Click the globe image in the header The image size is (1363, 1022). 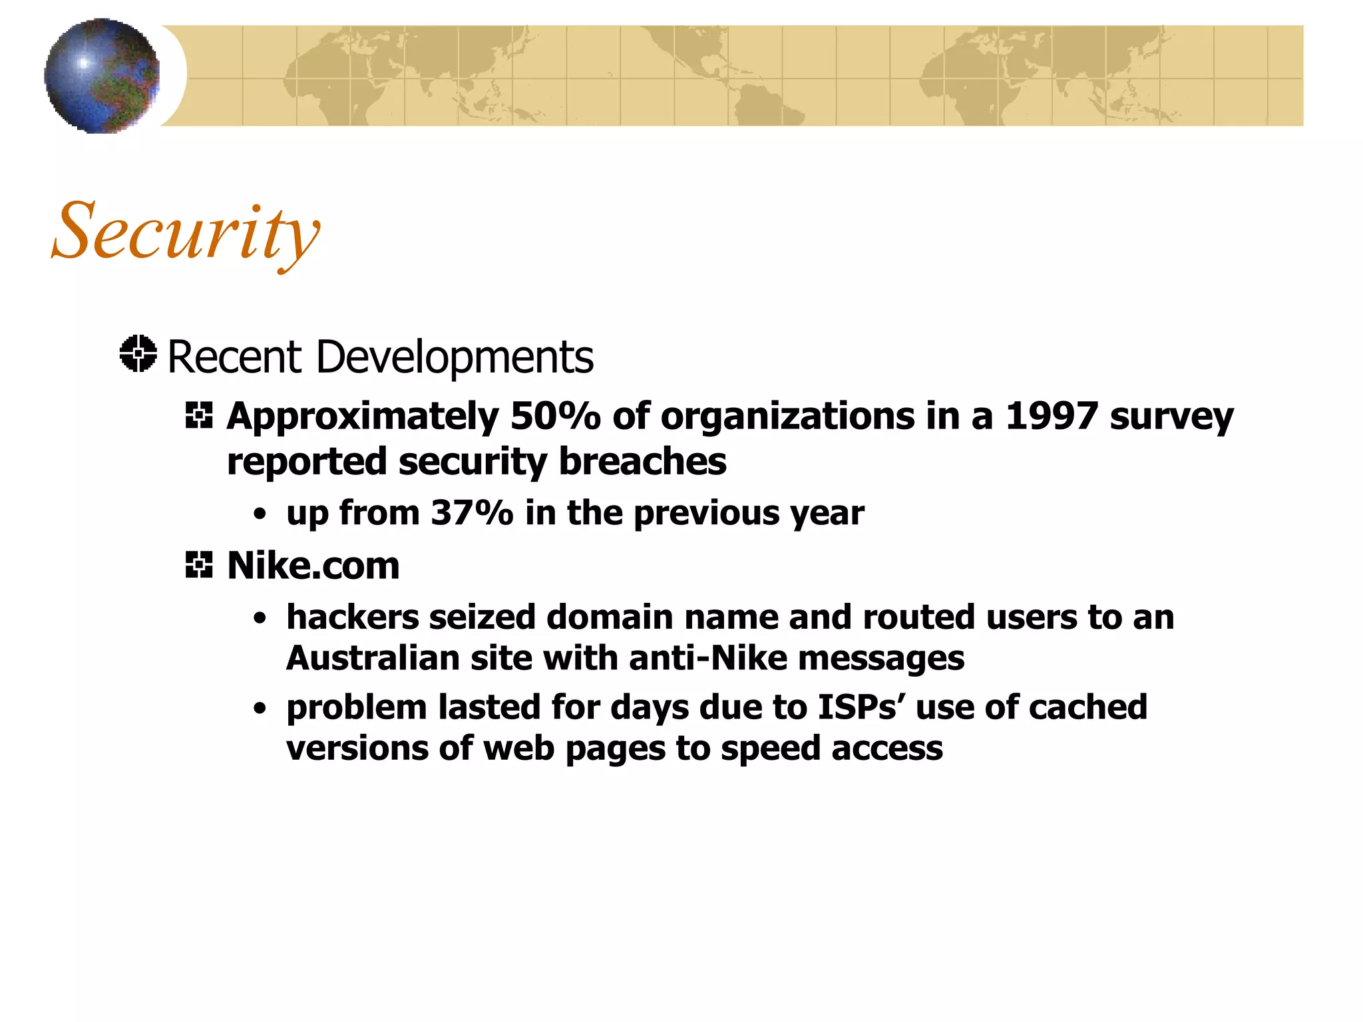pos(102,75)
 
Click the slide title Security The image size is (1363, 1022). pos(186,232)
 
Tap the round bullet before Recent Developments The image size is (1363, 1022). pos(138,354)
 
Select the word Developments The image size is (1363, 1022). pos(455,358)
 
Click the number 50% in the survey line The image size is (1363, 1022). pos(555,417)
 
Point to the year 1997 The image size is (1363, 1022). pos(1051,417)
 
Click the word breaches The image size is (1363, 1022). pos(642,462)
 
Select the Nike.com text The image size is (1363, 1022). pos(313,566)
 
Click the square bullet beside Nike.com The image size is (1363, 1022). pos(199,566)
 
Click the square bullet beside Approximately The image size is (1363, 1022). pos(199,417)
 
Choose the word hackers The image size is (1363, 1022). pos(353,617)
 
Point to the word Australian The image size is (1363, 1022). pos(373,659)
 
